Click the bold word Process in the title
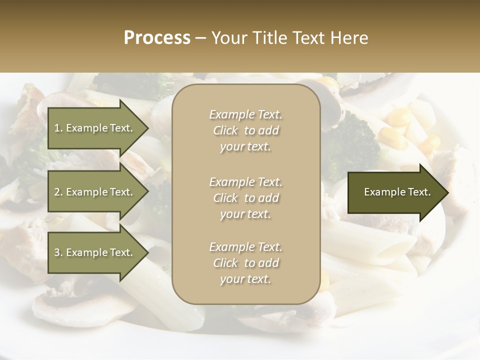[x=157, y=38]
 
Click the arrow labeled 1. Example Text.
[x=95, y=128]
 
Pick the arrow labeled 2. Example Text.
[x=95, y=192]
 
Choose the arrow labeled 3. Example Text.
[x=95, y=252]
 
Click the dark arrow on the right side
[x=395, y=192]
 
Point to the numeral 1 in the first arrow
[x=57, y=128]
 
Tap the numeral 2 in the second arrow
[x=57, y=192]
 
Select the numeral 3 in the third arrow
[x=57, y=252]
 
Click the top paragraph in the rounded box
[x=245, y=130]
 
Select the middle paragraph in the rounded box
[x=245, y=198]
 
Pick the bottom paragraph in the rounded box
[x=245, y=263]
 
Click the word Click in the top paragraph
[x=225, y=130]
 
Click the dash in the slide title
[x=200, y=38]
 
